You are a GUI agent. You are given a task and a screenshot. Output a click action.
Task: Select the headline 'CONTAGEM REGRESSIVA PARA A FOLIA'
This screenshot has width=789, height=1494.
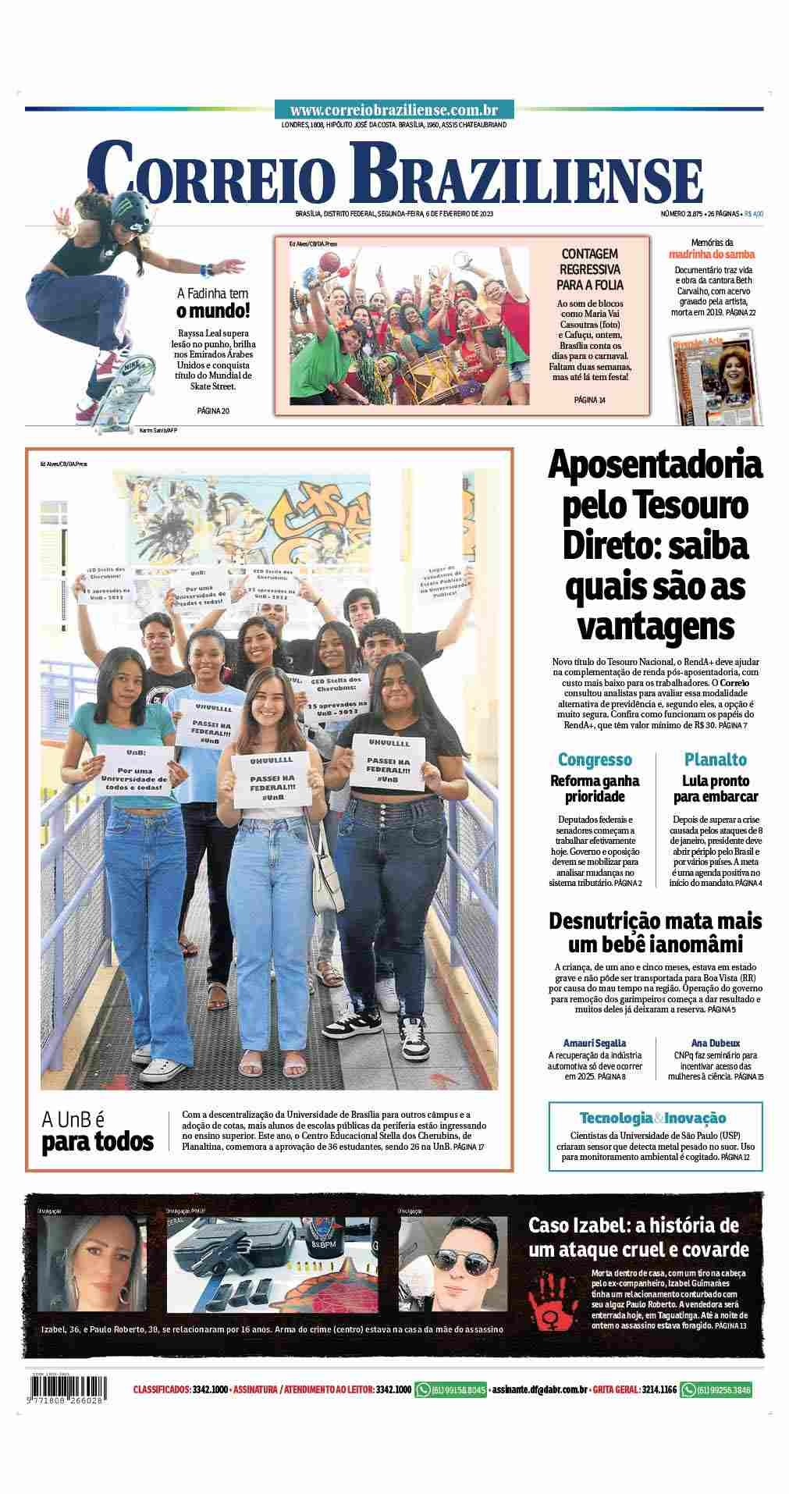click(589, 269)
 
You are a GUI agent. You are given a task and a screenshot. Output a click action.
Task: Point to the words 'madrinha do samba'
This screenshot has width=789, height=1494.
click(711, 254)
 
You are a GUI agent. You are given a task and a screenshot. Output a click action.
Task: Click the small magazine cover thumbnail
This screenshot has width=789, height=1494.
click(715, 379)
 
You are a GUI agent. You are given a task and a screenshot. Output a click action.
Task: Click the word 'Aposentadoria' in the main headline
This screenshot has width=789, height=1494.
click(655, 466)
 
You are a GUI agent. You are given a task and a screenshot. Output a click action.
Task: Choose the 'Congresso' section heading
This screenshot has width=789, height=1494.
click(595, 759)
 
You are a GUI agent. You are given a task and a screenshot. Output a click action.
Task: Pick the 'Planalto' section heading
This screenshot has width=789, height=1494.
click(715, 759)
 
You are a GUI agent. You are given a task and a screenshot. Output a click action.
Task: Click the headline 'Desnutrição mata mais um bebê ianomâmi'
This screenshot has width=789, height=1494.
click(655, 932)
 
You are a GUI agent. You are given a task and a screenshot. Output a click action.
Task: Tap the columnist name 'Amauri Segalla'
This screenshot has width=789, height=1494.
click(595, 1043)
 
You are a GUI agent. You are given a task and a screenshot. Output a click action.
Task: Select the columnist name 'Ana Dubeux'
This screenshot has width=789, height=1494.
click(715, 1043)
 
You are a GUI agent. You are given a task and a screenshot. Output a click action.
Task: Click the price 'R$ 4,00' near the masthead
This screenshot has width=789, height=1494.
click(753, 214)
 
